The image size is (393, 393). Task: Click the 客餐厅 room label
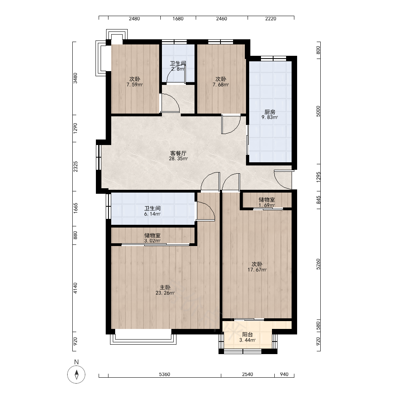click(x=178, y=153)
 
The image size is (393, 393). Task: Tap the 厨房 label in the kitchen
click(x=270, y=112)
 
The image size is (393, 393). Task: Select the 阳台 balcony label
click(x=247, y=334)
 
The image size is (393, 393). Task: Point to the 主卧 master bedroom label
click(x=165, y=287)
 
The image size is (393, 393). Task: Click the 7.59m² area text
click(x=134, y=85)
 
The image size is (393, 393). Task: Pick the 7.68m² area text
click(x=220, y=85)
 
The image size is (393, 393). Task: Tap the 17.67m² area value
click(x=257, y=270)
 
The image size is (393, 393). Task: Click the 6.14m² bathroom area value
click(x=152, y=214)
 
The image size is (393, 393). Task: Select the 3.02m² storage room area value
click(x=152, y=241)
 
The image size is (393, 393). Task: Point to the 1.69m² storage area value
click(x=267, y=205)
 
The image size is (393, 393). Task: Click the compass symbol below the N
click(x=77, y=375)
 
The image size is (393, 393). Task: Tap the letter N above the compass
click(x=77, y=362)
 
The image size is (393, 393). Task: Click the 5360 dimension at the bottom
click(x=164, y=375)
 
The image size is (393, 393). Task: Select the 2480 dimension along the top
click(x=134, y=19)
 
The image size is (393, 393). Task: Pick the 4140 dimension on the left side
click(x=75, y=288)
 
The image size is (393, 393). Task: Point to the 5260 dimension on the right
click(x=318, y=264)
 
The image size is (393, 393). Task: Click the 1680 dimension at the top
click(x=178, y=19)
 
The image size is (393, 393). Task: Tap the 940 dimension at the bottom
click(x=284, y=375)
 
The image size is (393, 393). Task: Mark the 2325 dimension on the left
click(x=75, y=167)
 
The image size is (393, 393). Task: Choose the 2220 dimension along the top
click(x=271, y=19)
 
